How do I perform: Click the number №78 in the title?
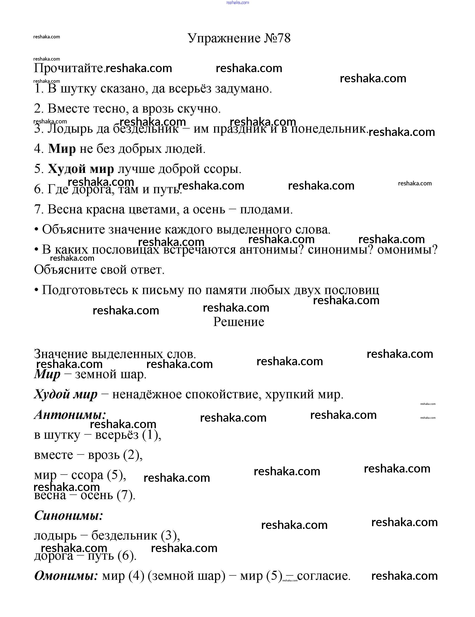click(x=277, y=38)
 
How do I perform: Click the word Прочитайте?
click(x=69, y=69)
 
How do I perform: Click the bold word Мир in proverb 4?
click(x=62, y=149)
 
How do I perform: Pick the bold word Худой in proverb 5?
click(x=67, y=169)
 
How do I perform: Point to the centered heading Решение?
click(x=239, y=322)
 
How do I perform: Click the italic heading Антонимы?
click(x=70, y=414)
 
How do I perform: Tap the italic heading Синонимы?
click(x=69, y=515)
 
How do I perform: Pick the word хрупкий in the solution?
click(x=290, y=394)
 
